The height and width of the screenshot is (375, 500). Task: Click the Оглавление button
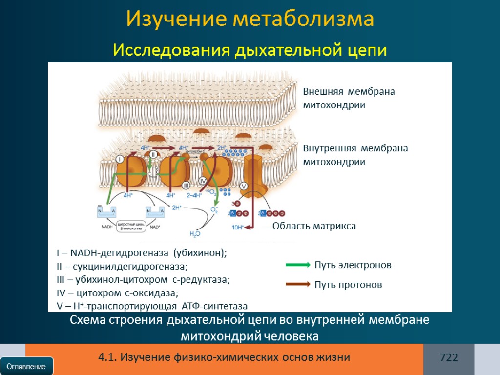coord(26,366)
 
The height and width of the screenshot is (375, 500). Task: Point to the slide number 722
coord(449,358)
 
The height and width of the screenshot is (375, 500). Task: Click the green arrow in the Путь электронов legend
coord(298,265)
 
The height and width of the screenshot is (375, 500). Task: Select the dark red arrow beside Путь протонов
coord(298,284)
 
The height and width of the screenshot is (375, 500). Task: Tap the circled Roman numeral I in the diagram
coord(120,159)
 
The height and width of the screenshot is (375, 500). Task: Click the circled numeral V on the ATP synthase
coord(244,186)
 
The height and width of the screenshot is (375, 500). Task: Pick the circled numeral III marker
coord(186,185)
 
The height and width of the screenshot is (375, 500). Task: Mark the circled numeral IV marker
coord(203,181)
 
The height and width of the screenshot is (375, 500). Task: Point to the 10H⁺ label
coord(238,227)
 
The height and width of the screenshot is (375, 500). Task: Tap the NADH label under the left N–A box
coord(107,227)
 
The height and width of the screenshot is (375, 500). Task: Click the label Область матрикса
coord(314,226)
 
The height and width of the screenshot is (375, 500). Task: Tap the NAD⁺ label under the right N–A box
coord(155,227)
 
